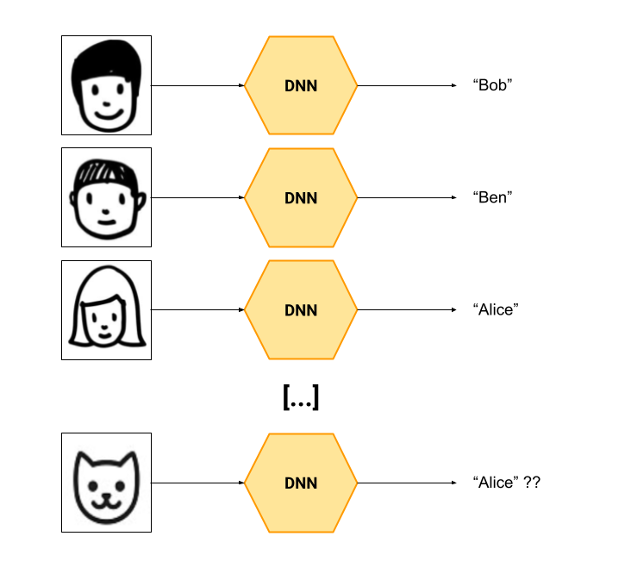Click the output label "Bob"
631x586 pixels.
[x=492, y=85]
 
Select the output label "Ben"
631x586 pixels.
[x=492, y=197]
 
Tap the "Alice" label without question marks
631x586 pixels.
[x=496, y=309]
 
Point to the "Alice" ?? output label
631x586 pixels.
[x=506, y=483]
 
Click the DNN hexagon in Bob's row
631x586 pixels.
[x=301, y=85]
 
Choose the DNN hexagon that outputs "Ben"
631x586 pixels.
[x=301, y=197]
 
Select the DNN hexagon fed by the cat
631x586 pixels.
[x=301, y=483]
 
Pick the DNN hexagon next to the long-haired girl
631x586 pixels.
[x=301, y=309]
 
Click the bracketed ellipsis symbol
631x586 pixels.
[x=301, y=397]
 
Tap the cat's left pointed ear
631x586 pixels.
[x=84, y=460]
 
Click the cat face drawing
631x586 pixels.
[x=106, y=487]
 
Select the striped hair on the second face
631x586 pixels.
[x=105, y=171]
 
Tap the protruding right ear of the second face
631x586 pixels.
[x=141, y=202]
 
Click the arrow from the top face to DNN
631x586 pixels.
[x=197, y=85]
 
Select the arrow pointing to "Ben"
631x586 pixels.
[x=407, y=197]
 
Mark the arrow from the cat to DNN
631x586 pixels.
[x=197, y=483]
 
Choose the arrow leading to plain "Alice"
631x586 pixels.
[x=407, y=309]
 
